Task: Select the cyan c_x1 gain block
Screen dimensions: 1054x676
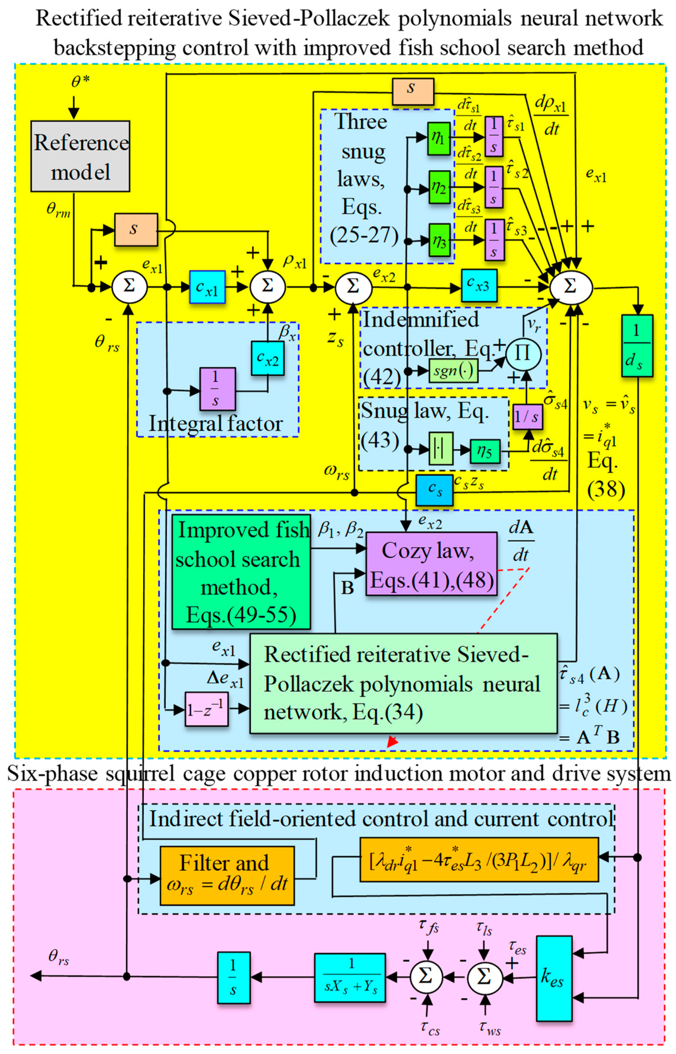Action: (207, 287)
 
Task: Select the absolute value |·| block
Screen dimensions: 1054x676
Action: (440, 449)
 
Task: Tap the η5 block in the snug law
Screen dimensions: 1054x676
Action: (485, 451)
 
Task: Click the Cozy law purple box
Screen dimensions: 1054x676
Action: (431, 563)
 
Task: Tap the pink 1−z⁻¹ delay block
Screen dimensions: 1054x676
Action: (206, 709)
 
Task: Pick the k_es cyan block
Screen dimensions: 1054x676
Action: (554, 978)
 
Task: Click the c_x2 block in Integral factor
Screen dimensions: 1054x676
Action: (267, 358)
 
